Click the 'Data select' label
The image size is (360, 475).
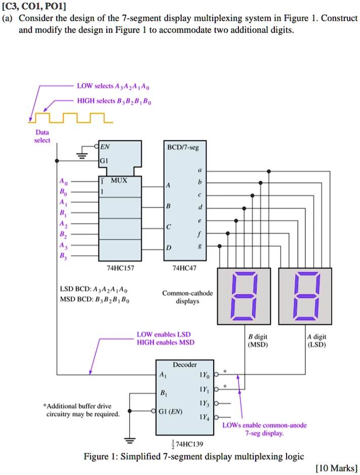[42, 137]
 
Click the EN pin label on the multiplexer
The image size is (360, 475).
[105, 147]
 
